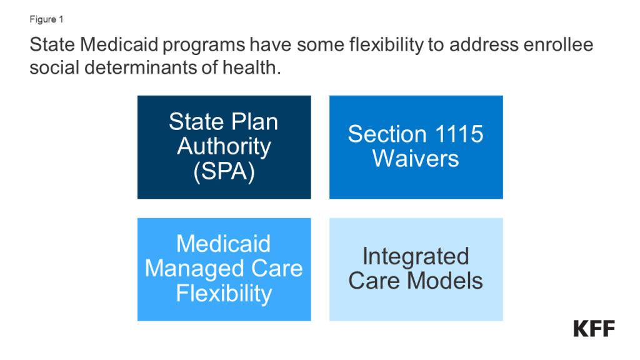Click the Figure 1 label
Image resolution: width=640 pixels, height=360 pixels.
click(x=46, y=19)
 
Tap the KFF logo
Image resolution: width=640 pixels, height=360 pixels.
click(x=594, y=329)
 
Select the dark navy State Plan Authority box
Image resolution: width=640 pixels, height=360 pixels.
click(x=224, y=147)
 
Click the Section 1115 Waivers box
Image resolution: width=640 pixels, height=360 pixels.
click(x=416, y=147)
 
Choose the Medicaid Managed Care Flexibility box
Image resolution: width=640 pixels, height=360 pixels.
click(x=224, y=269)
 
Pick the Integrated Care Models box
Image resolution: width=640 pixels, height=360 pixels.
click(x=416, y=269)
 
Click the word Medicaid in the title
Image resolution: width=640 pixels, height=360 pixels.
click(x=119, y=44)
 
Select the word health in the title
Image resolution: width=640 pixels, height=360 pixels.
click(x=251, y=67)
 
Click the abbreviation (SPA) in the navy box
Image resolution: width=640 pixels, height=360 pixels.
click(x=224, y=171)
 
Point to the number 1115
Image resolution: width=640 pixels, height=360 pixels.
click(x=459, y=134)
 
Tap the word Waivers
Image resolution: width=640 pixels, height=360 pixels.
click(x=416, y=158)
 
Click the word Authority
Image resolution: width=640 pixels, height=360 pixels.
click(x=224, y=147)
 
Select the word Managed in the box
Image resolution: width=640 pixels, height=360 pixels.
click(x=195, y=269)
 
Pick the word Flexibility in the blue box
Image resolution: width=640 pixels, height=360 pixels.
click(x=224, y=294)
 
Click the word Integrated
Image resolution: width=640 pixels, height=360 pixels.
click(x=416, y=257)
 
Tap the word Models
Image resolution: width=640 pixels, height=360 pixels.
click(x=445, y=281)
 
